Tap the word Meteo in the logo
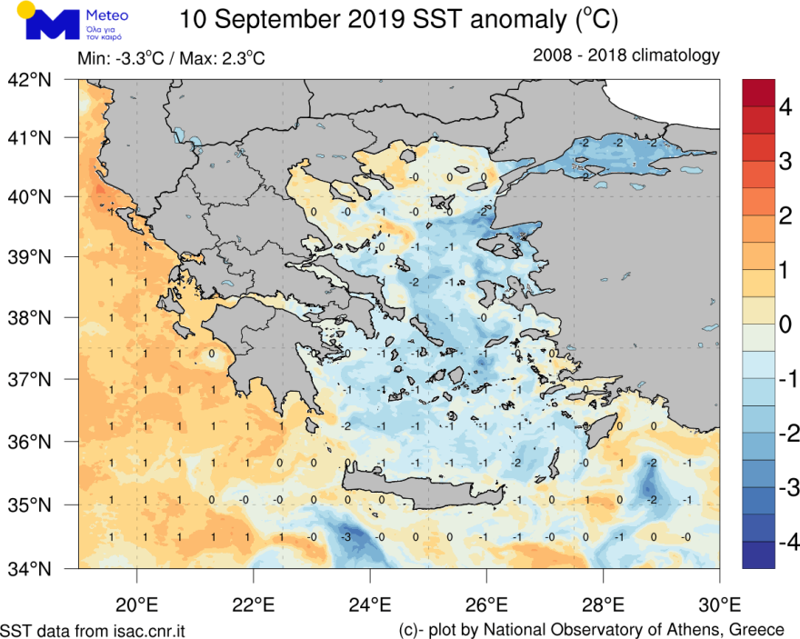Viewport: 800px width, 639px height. click(x=105, y=16)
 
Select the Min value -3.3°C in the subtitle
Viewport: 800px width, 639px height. click(x=138, y=59)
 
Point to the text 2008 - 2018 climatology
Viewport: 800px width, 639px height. click(x=626, y=55)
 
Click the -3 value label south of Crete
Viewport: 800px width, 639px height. click(x=345, y=537)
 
